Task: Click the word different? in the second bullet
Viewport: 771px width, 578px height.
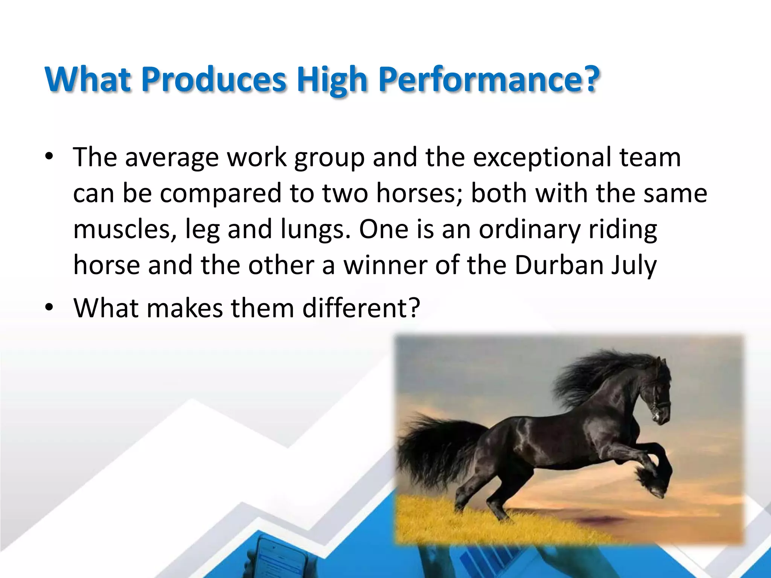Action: [361, 307]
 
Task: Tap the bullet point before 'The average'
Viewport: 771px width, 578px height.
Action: [49, 158]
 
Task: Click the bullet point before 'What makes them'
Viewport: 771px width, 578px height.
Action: [49, 308]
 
